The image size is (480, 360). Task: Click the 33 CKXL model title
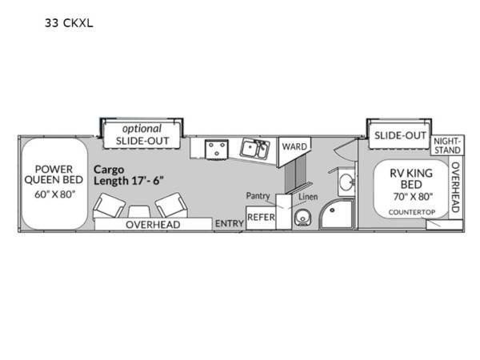[x=69, y=23]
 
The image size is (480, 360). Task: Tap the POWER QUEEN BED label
[x=54, y=174]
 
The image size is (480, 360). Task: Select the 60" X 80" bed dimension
[x=54, y=194]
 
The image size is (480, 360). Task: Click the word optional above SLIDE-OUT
[x=142, y=129]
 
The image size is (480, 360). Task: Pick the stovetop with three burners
[x=217, y=149]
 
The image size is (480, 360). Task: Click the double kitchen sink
[x=254, y=149]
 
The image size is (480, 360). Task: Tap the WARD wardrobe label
[x=294, y=146]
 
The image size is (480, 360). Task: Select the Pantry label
[x=258, y=196]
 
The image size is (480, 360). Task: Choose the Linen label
[x=308, y=197]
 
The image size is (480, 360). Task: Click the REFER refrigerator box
[x=261, y=218]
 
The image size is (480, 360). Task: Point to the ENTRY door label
[x=230, y=224]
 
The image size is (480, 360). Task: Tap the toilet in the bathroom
[x=302, y=218]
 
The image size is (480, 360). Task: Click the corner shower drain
[x=332, y=210]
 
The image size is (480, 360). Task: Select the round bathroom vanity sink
[x=346, y=182]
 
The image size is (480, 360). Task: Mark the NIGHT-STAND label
[x=447, y=146]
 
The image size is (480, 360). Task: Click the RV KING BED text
[x=411, y=179]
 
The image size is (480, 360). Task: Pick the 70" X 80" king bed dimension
[x=413, y=197]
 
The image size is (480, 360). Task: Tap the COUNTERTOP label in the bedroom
[x=412, y=212]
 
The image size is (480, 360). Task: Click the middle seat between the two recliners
[x=139, y=212]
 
